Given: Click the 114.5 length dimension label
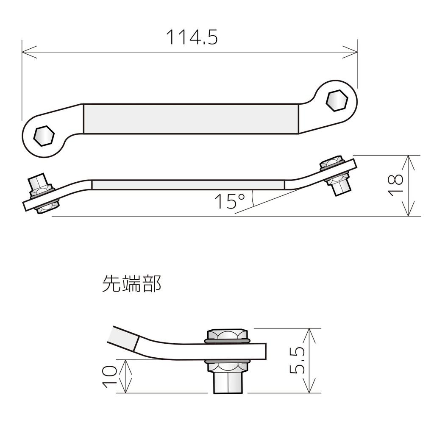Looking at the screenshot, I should (x=192, y=37).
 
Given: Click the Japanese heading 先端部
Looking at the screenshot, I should (x=131, y=284).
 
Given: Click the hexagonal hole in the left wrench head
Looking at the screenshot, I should (x=44, y=136).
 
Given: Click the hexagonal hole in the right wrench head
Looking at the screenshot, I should (x=337, y=100).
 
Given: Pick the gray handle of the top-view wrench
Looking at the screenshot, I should (x=191, y=119).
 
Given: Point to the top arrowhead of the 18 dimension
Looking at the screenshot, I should (x=408, y=158).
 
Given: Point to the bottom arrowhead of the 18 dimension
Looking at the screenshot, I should (x=408, y=214).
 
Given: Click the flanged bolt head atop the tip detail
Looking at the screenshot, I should (x=227, y=335).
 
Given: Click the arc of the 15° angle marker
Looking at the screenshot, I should (x=253, y=198).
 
